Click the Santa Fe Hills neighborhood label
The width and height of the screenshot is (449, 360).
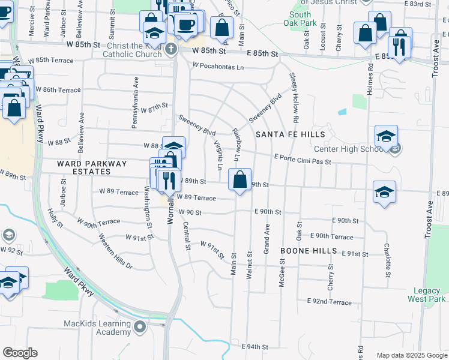click(x=290, y=135)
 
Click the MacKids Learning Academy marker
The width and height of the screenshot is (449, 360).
click(x=140, y=328)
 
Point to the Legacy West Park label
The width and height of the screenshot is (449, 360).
click(x=426, y=294)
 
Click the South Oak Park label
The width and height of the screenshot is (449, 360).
click(x=300, y=19)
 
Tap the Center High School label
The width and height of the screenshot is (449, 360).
click(x=348, y=149)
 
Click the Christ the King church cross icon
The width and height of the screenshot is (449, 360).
click(x=171, y=49)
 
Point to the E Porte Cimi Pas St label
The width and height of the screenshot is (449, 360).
click(x=303, y=159)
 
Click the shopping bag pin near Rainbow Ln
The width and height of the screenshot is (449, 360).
click(x=240, y=179)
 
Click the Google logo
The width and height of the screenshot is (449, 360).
click(x=20, y=353)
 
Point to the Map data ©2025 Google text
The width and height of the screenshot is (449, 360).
click(x=411, y=355)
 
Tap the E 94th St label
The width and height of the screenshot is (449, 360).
click(x=255, y=347)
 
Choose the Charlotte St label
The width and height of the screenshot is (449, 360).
click(x=388, y=260)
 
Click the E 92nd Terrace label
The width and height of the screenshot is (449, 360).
click(x=328, y=301)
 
